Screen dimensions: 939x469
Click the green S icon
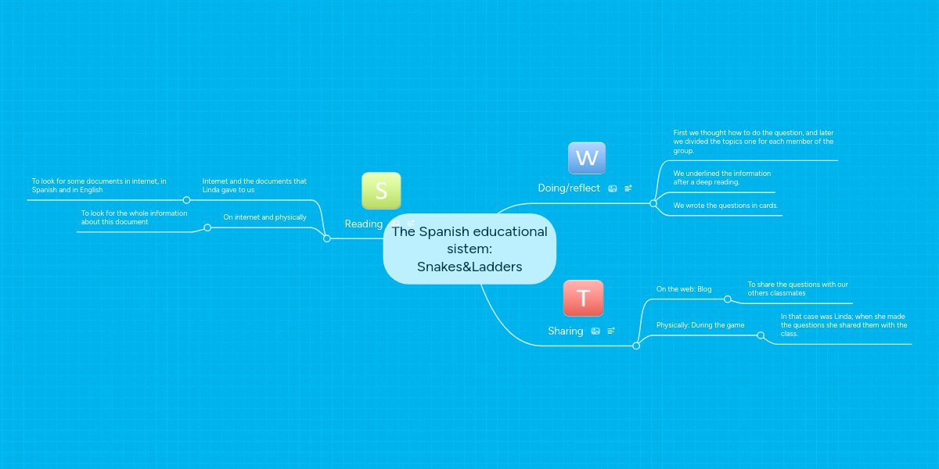tap(381, 191)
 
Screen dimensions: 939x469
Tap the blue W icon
tap(586, 158)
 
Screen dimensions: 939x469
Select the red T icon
tap(583, 298)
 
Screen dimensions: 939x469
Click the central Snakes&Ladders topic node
tap(469, 249)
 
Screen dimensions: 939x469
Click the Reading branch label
tap(363, 224)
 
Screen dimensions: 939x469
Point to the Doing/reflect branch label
tap(569, 188)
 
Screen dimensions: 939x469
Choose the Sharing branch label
tap(566, 331)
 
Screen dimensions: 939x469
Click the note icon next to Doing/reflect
tap(628, 188)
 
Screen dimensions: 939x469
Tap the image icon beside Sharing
tap(595, 331)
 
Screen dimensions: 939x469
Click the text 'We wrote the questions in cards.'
tap(725, 206)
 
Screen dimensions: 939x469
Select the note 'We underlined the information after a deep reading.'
tap(721, 177)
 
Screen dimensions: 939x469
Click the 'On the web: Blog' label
tap(684, 289)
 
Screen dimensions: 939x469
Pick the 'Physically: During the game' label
tap(700, 325)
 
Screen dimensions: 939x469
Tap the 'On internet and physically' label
tap(264, 217)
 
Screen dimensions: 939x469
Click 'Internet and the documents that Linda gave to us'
tap(254, 185)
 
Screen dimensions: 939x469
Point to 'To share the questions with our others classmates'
tap(797, 288)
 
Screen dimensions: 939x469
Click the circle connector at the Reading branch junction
tap(327, 238)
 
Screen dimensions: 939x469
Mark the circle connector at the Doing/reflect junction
tap(653, 203)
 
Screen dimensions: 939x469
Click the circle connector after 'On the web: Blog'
tap(728, 299)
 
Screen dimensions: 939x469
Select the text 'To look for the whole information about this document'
tap(134, 217)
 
